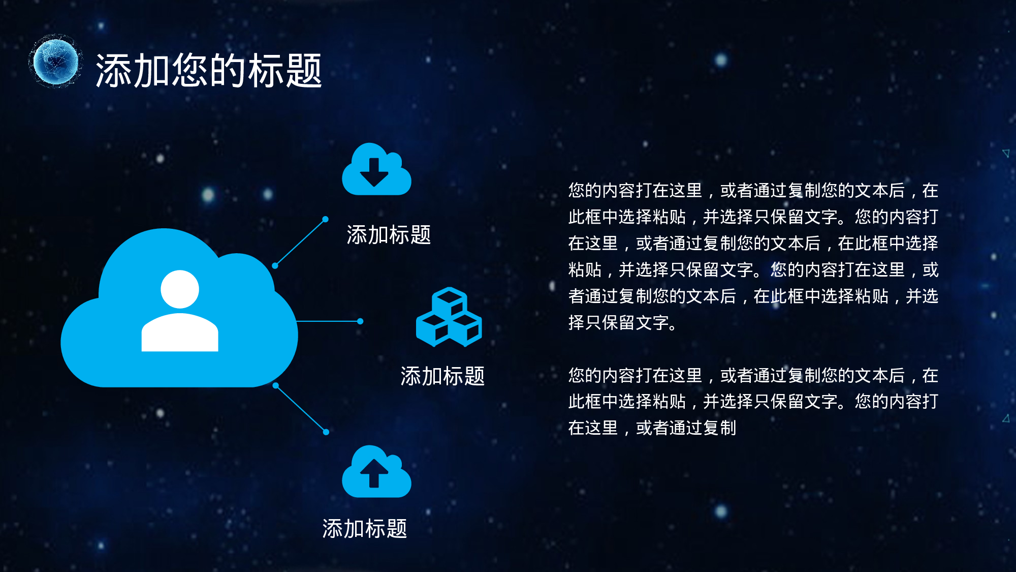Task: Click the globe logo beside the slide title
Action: [x=55, y=62]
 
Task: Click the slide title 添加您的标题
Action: [x=209, y=70]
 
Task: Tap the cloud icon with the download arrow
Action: [x=376, y=169]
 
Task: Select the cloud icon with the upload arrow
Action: [x=376, y=471]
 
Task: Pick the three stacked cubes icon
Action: [x=449, y=317]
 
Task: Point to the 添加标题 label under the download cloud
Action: [x=389, y=235]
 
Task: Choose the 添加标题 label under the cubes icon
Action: [x=442, y=376]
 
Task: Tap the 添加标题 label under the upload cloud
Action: [x=365, y=529]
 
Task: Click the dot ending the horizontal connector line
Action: [x=360, y=321]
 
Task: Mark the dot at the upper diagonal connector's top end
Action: [x=325, y=219]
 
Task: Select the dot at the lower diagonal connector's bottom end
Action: [x=326, y=432]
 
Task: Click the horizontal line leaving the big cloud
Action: [x=328, y=321]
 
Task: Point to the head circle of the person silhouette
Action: [x=180, y=289]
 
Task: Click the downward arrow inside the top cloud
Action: [x=374, y=172]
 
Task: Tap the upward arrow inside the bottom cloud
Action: [x=374, y=473]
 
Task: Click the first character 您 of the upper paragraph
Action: [x=577, y=190]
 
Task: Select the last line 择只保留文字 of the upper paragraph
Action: [x=622, y=322]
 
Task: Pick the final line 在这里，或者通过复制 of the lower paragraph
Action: [x=652, y=428]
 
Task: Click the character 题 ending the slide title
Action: [x=304, y=70]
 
